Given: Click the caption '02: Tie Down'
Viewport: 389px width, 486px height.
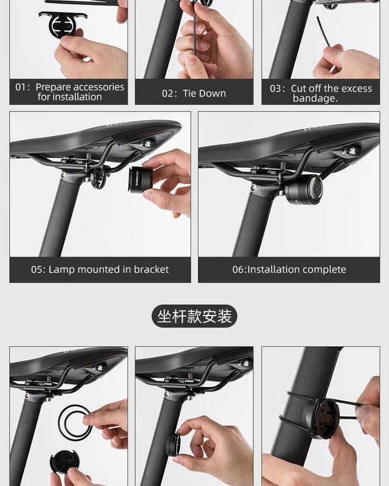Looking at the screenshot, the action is pyautogui.click(x=194, y=93).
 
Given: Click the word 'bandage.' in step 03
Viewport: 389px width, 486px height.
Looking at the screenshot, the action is pyautogui.click(x=315, y=99).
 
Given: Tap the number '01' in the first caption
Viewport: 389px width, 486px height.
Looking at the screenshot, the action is pyautogui.click(x=21, y=87).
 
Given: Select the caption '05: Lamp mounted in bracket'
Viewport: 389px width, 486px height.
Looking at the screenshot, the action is pyautogui.click(x=100, y=269).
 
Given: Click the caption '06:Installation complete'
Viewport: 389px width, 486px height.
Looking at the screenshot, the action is pyautogui.click(x=289, y=269).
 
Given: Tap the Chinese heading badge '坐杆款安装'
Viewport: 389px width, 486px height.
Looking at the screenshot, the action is pyautogui.click(x=194, y=316).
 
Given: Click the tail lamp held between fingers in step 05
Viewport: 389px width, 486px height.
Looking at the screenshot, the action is pyautogui.click(x=141, y=180).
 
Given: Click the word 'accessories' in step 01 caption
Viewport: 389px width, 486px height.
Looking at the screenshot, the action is pyautogui.click(x=99, y=87).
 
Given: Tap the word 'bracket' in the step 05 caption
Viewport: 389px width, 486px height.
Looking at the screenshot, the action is pyautogui.click(x=151, y=269).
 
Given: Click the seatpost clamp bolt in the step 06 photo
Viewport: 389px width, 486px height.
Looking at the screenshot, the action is pyautogui.click(x=253, y=187).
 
